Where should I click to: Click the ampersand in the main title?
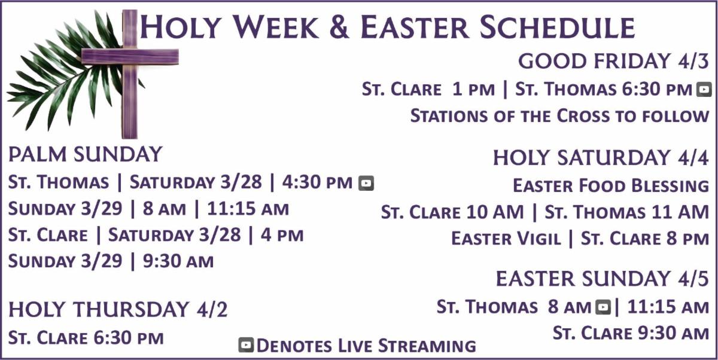[x=339, y=27]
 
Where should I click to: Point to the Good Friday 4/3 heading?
[x=613, y=61]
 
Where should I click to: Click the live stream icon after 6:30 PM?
[x=704, y=89]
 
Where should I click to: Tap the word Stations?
[x=449, y=115]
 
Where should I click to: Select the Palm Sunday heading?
[x=85, y=154]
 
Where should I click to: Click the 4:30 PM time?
[x=317, y=182]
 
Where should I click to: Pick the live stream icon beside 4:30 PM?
[x=366, y=183]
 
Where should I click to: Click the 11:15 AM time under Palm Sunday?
[x=248, y=209]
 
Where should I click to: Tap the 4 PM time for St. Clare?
[x=282, y=235]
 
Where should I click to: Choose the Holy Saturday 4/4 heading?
[x=601, y=158]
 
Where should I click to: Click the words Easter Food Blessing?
[x=611, y=185]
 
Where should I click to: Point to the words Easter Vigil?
[x=506, y=238]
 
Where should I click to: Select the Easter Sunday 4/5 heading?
[x=603, y=279]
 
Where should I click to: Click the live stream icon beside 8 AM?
[x=603, y=307]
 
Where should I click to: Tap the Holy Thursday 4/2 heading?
[x=118, y=309]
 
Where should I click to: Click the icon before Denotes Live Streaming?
[x=246, y=345]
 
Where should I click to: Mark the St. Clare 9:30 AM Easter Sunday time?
[x=631, y=333]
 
